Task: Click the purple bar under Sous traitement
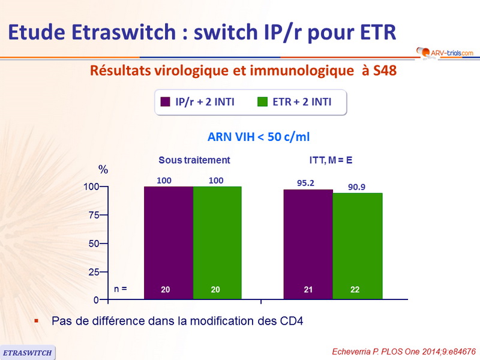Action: (169, 242)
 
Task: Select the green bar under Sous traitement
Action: (217, 242)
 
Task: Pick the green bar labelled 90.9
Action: (358, 245)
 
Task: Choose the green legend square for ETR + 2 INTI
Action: (262, 102)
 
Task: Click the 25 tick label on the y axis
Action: (94, 272)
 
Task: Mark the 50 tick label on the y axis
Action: (94, 244)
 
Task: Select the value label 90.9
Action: (356, 187)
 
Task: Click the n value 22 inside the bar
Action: (355, 290)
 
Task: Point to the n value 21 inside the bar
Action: (308, 290)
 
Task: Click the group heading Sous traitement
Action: (194, 160)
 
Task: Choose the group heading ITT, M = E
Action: (327, 160)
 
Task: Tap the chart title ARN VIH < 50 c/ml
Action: (259, 137)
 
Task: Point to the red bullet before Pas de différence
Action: (37, 320)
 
